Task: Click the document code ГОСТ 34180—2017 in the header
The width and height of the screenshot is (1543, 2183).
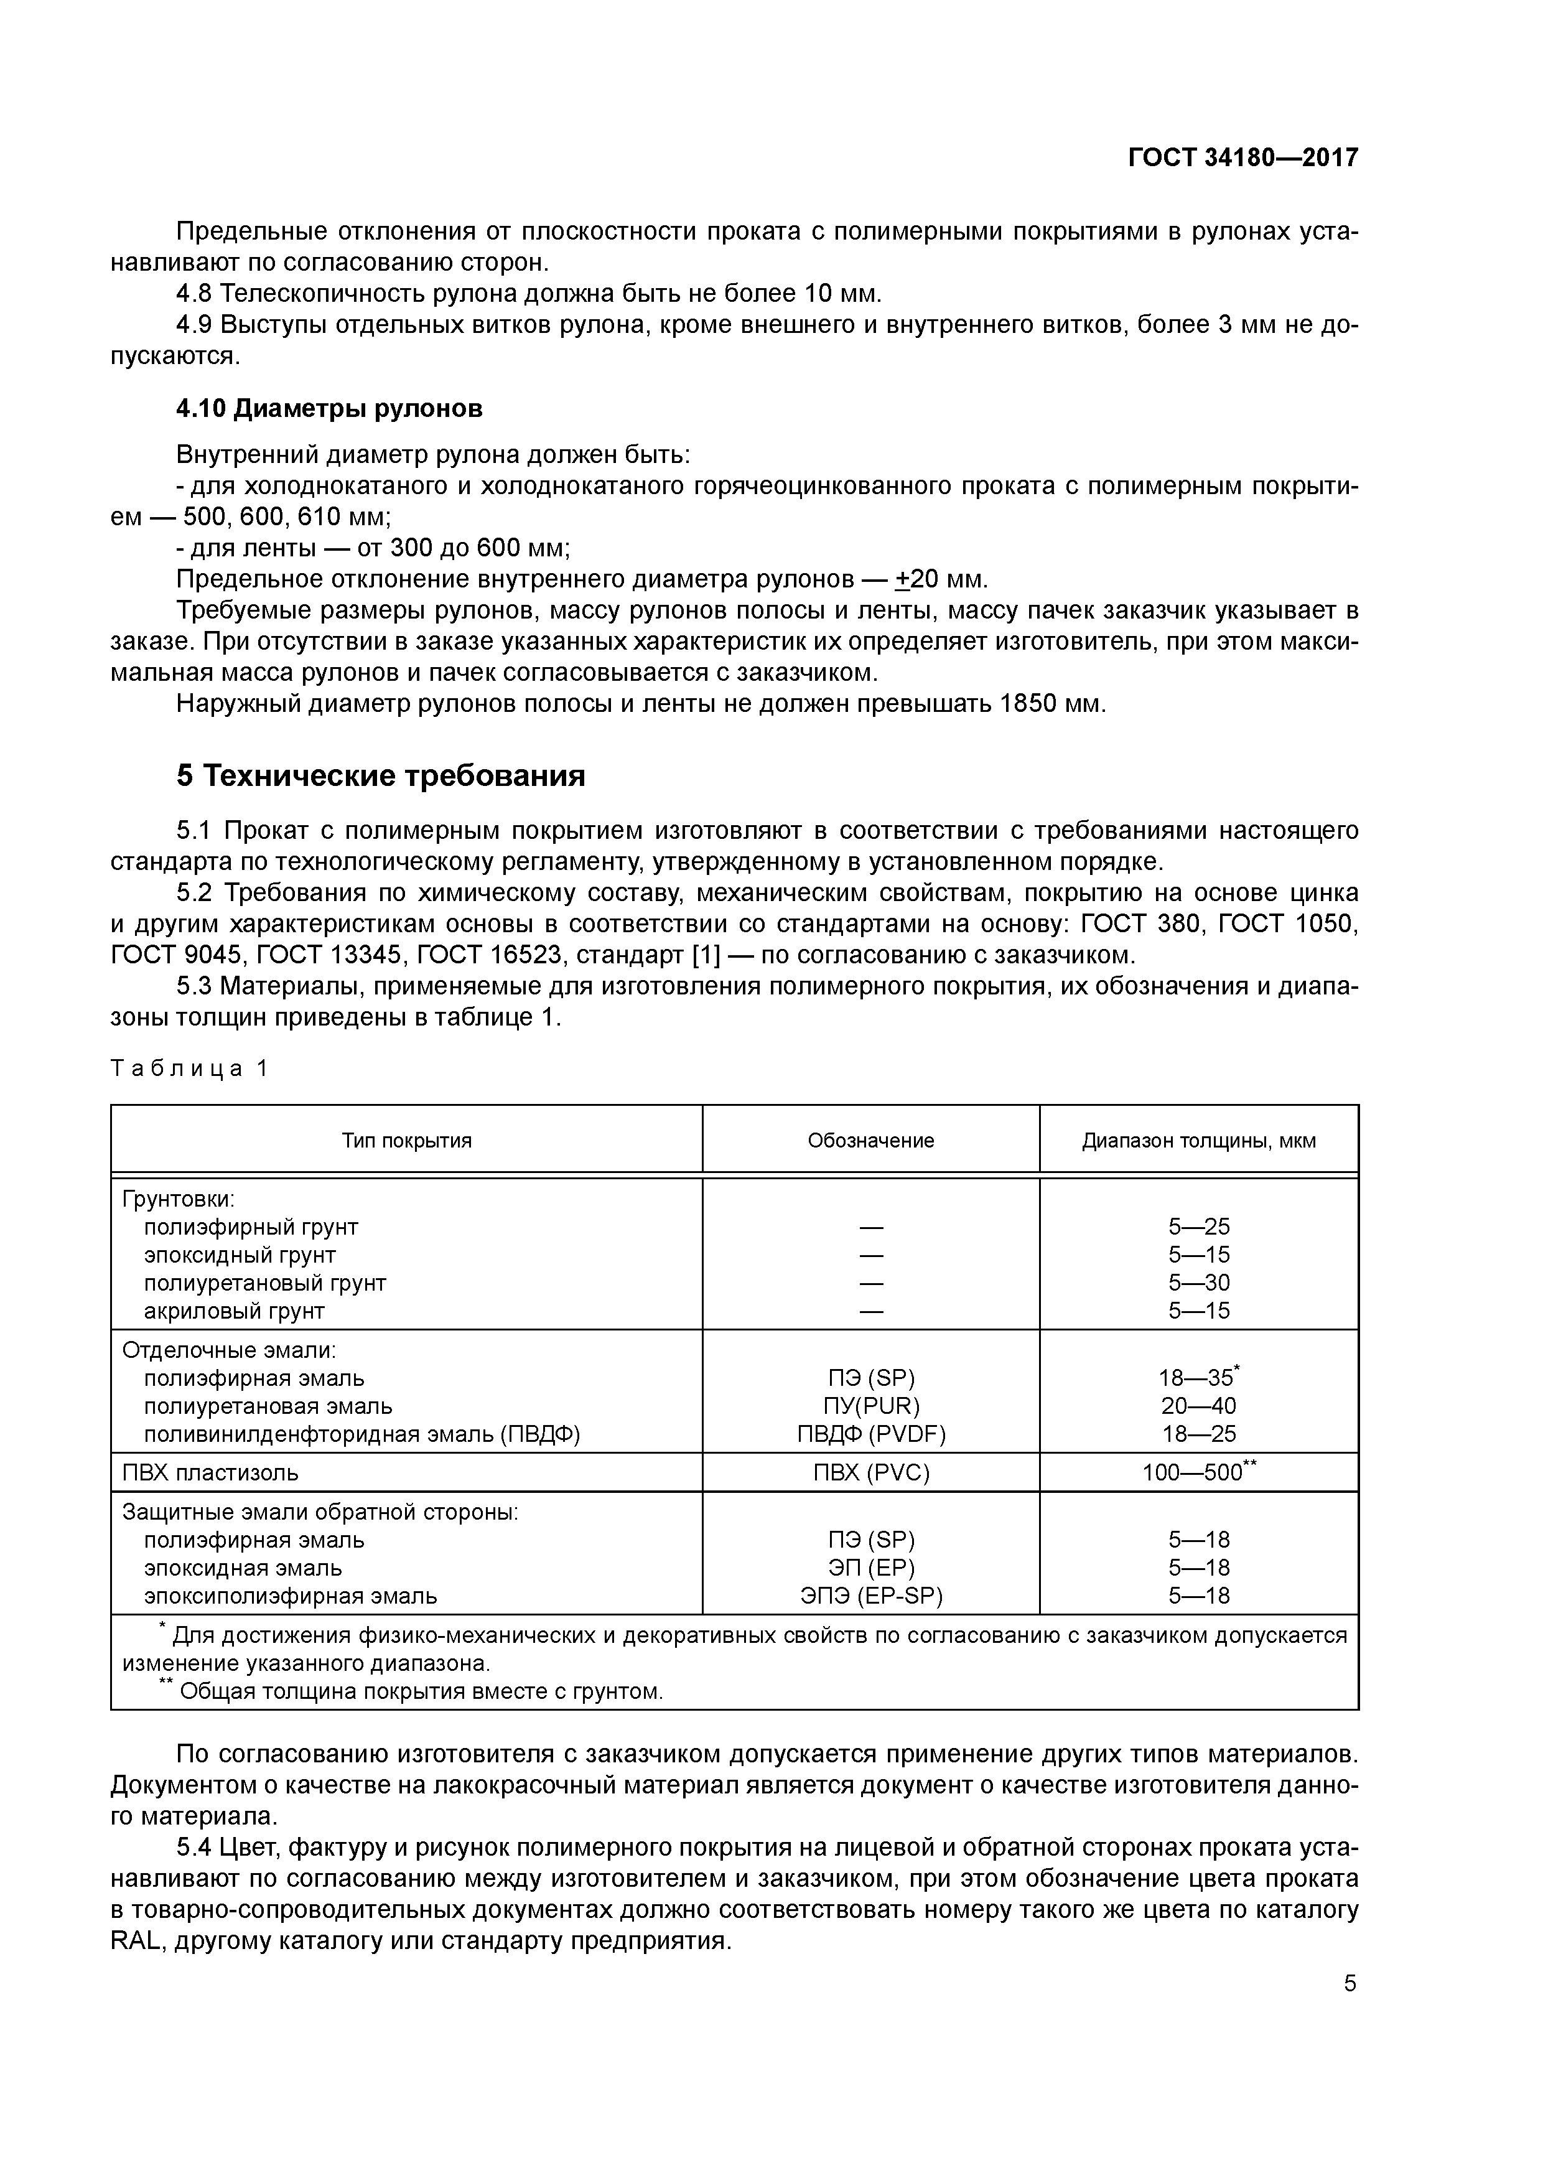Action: coord(1242,158)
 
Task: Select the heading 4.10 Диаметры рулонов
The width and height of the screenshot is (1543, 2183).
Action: coord(329,409)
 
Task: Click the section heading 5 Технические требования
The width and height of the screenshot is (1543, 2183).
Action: coord(380,777)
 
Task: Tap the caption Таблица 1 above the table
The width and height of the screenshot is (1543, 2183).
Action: coord(190,1068)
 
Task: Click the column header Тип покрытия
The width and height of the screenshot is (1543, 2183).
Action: coord(407,1141)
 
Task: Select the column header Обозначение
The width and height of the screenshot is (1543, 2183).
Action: coord(871,1141)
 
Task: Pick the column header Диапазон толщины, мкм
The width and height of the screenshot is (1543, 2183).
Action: coord(1199,1141)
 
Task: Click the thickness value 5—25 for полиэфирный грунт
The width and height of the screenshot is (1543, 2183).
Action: coord(1199,1227)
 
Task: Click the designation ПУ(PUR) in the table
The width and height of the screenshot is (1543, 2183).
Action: coord(871,1406)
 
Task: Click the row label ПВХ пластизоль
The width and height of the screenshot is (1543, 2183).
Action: coord(210,1473)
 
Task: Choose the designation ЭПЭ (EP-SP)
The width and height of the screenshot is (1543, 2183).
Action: coord(871,1596)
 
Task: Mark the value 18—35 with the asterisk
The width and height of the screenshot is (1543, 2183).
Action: coord(1195,1378)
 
